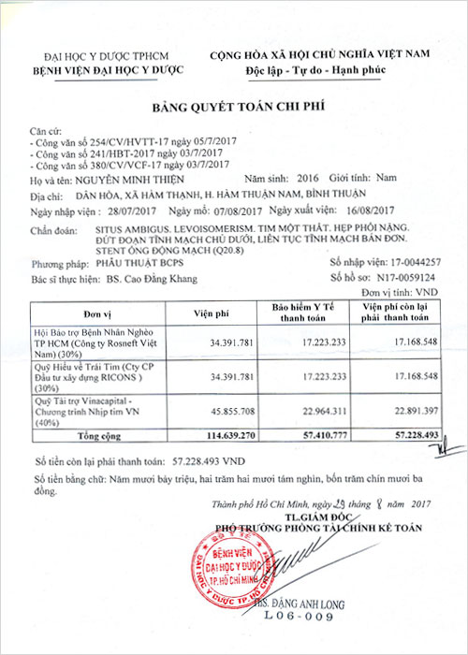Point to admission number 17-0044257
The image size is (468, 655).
tap(403, 265)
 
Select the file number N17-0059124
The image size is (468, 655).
tap(402, 278)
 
